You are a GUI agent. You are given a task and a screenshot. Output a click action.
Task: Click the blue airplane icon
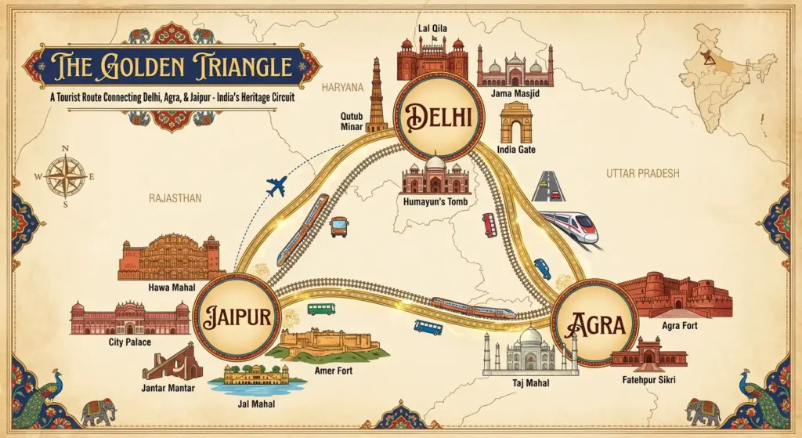coord(276,187)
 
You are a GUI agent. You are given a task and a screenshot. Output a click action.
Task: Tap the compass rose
coord(65,175)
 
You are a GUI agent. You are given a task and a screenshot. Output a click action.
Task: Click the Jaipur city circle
coord(233,317)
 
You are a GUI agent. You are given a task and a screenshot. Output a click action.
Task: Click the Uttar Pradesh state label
coord(642,173)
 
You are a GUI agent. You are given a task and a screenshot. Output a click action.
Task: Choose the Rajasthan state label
coord(175,198)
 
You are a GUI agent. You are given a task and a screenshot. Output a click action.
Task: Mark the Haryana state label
coord(342,87)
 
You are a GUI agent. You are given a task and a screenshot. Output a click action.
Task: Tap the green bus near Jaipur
coord(321,309)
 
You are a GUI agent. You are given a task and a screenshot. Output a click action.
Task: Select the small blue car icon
coord(542,268)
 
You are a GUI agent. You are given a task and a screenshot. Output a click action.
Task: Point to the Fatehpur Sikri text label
coord(647,379)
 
